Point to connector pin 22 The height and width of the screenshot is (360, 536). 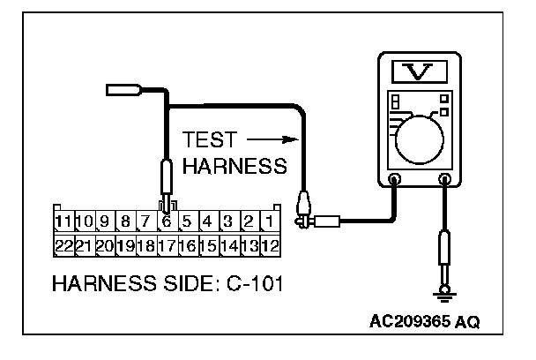[x=63, y=244]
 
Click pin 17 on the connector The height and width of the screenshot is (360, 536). [x=165, y=244]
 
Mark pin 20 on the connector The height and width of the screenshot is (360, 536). [x=104, y=244]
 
